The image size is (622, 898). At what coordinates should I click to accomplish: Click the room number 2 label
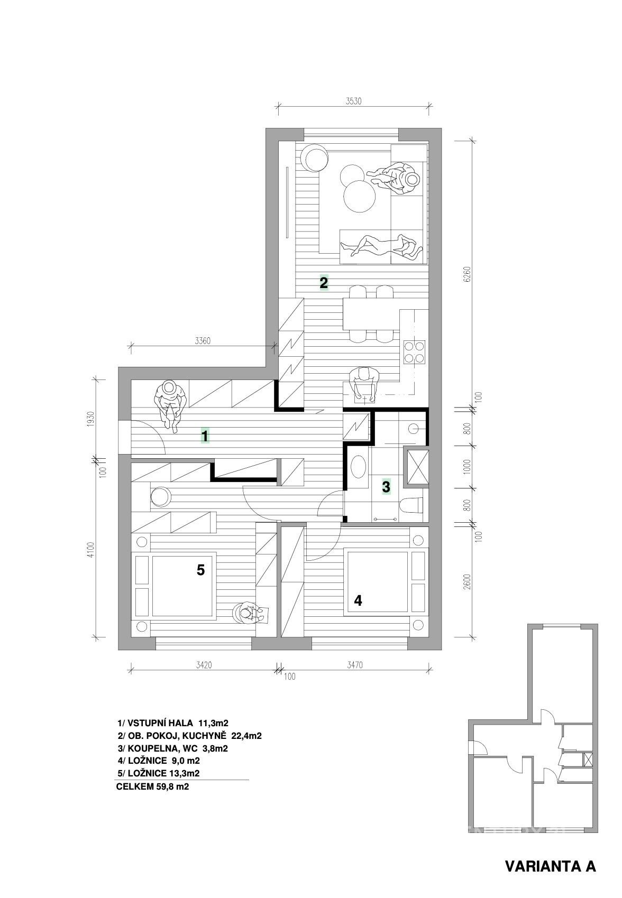tap(324, 283)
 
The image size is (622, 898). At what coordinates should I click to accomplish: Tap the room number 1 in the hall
tap(205, 436)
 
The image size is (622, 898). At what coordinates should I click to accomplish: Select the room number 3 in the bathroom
tap(386, 487)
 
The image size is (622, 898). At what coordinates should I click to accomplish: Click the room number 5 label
tap(200, 570)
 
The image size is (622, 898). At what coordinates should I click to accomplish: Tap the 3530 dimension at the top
tap(353, 101)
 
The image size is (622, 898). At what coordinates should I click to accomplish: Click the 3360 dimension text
tap(203, 341)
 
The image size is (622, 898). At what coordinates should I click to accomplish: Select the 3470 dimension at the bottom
tap(355, 665)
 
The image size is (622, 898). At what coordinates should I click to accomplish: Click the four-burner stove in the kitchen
tap(415, 351)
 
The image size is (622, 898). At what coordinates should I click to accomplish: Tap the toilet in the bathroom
tap(411, 506)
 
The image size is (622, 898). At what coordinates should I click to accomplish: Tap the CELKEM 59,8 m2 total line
tap(152, 786)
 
